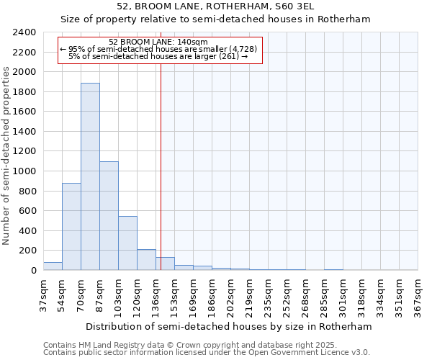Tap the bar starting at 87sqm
tap(109, 216)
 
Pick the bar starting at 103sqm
tap(127, 243)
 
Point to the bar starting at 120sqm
tap(146, 260)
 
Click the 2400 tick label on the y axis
tap(24, 32)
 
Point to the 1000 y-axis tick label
tap(24, 171)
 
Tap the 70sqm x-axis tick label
tap(90, 294)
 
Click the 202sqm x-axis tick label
tap(231, 294)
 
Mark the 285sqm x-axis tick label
tap(325, 294)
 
